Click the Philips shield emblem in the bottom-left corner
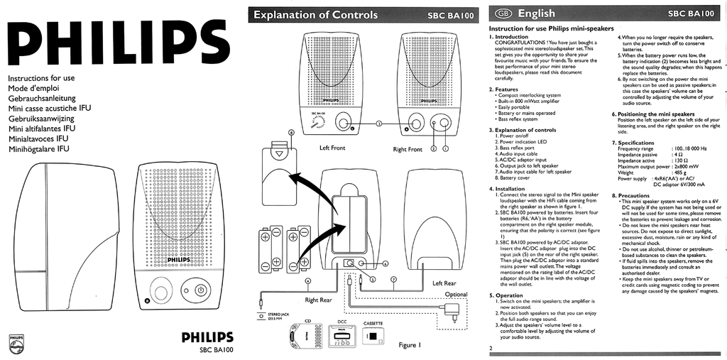[x=15, y=343]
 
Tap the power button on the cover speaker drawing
[x=200, y=290]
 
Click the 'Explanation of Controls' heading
[x=316, y=14]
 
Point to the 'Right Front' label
[x=408, y=149]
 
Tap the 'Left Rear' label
[x=444, y=283]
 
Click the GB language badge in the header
[x=502, y=13]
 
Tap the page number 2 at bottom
[x=491, y=348]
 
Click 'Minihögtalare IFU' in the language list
[x=38, y=149]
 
